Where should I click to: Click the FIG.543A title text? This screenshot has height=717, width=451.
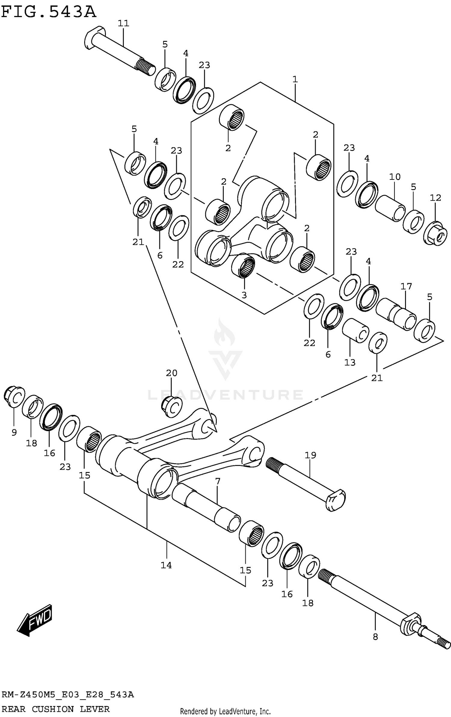[49, 13]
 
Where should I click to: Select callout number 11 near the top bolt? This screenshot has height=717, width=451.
[123, 23]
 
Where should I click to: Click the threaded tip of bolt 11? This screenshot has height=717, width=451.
[146, 67]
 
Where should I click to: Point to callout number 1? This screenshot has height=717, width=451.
[295, 79]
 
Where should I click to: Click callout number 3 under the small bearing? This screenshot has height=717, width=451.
[244, 295]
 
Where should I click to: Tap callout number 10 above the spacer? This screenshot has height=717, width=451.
[395, 177]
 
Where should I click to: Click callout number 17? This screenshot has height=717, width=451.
[406, 286]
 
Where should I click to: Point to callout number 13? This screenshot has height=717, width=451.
[350, 362]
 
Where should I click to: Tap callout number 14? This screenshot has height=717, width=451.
[166, 565]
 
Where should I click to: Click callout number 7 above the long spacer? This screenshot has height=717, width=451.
[218, 481]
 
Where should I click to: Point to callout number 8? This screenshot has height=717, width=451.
[375, 637]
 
